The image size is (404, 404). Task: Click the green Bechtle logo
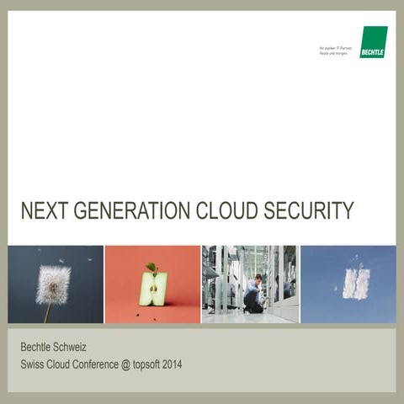(x=373, y=42)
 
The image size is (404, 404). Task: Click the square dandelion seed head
(x=53, y=284)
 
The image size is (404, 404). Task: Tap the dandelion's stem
(x=47, y=311)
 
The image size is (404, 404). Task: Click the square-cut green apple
(x=152, y=289)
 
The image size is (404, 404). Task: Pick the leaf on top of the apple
(x=151, y=268)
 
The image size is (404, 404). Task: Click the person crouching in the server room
(x=254, y=294)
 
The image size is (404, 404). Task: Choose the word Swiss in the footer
(x=33, y=364)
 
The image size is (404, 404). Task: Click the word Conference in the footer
(x=100, y=364)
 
